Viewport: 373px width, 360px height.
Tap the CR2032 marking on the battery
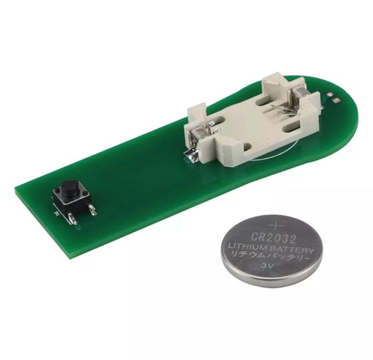point(274,237)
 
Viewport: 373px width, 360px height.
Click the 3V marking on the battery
point(269,267)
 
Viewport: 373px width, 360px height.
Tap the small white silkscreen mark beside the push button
point(56,213)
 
